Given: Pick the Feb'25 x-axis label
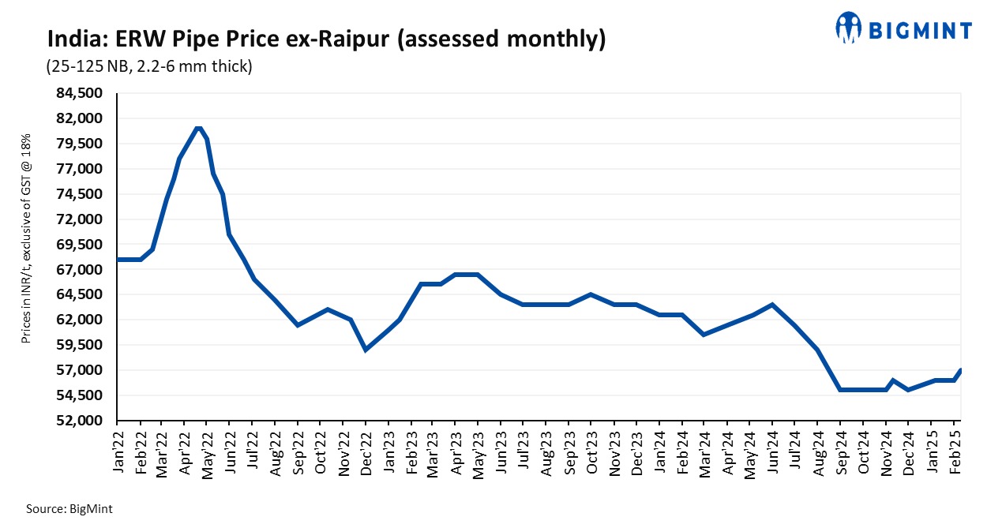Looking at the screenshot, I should (x=954, y=451).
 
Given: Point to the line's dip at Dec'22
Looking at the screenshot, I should (x=365, y=350).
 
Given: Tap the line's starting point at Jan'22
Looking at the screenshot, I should (x=118, y=260).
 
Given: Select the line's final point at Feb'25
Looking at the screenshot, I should (x=960, y=370).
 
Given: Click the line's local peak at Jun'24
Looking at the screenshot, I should (x=772, y=305).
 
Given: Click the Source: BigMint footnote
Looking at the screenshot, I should (x=69, y=510).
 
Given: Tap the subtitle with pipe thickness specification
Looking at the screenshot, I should (x=149, y=67).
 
